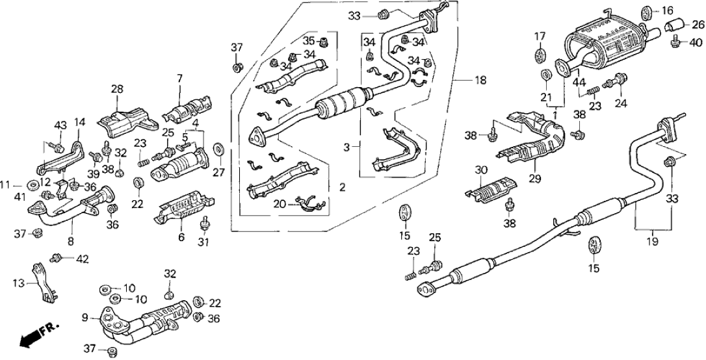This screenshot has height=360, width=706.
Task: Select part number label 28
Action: pos(116,89)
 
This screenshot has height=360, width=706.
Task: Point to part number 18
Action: pos(480,81)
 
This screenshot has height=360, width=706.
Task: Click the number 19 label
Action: pos(653,241)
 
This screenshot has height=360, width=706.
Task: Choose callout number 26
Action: pos(697,25)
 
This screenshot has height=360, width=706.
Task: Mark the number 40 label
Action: pos(696,43)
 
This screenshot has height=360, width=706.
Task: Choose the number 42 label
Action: pos(81,260)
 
